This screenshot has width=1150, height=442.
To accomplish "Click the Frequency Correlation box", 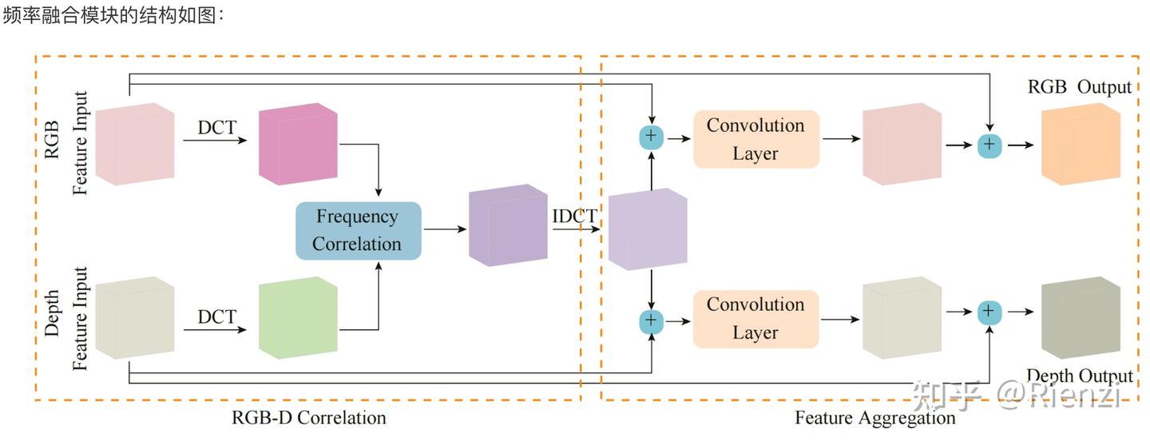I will point(358,230).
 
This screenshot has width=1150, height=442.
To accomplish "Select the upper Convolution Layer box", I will point(755,139).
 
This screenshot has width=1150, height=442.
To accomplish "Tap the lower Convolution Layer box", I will point(755,319).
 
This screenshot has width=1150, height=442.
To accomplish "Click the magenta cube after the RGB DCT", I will point(298,144).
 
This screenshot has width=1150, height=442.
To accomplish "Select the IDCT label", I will point(574,216).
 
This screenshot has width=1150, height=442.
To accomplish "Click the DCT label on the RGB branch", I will point(216,127).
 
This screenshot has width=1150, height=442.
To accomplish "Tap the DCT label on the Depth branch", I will point(216,317).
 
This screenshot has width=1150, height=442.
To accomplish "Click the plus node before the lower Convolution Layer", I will point(652,321).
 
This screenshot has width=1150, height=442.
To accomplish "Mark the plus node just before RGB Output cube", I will point(989,145).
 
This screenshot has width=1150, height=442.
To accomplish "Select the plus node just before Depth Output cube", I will point(989,312).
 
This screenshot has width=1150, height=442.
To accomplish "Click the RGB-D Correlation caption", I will point(308,417).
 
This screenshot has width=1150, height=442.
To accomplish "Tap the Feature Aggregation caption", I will point(874,417).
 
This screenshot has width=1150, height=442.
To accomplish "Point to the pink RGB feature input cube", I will point(135,144).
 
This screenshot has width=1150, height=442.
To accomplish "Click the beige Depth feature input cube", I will point(135,317).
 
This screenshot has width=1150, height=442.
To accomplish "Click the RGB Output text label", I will point(1079,87).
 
